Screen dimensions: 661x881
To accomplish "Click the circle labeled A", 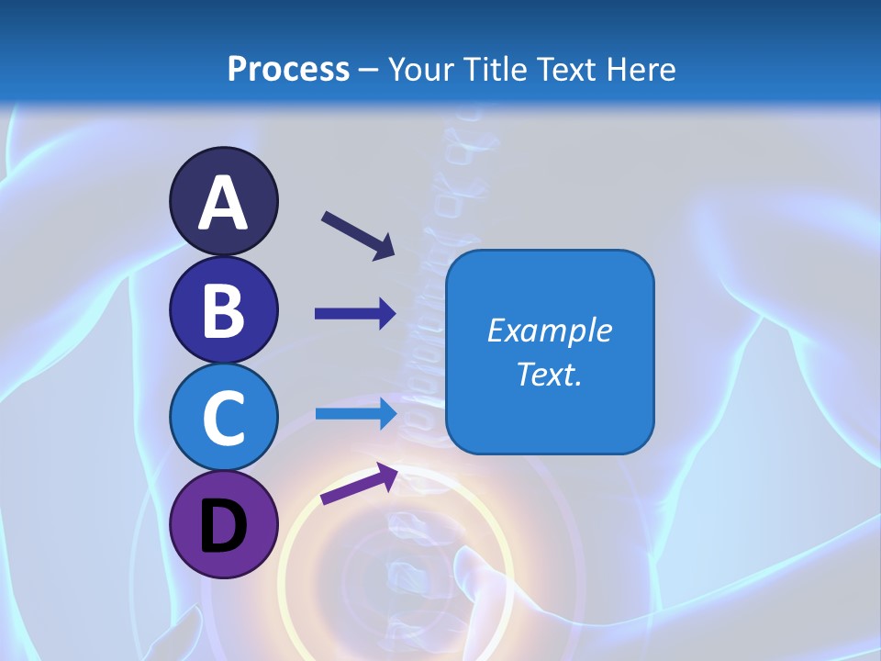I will pyautogui.click(x=223, y=201).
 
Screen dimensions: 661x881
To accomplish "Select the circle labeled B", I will pyautogui.click(x=223, y=309).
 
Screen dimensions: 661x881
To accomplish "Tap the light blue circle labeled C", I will pyautogui.click(x=223, y=417).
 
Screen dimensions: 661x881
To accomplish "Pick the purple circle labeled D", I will pyautogui.click(x=223, y=524).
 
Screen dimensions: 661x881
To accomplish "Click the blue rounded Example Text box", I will pyautogui.click(x=550, y=352).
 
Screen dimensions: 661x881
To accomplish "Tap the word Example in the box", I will pyautogui.click(x=550, y=330).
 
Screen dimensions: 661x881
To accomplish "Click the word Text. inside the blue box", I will pyautogui.click(x=550, y=375).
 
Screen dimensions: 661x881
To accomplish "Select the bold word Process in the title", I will pyautogui.click(x=288, y=69).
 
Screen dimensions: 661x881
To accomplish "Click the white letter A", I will pyautogui.click(x=223, y=203).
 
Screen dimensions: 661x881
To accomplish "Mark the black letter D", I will pyautogui.click(x=223, y=526).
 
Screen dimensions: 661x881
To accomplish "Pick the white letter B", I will pyautogui.click(x=223, y=310).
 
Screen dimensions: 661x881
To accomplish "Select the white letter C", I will pyautogui.click(x=223, y=418).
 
